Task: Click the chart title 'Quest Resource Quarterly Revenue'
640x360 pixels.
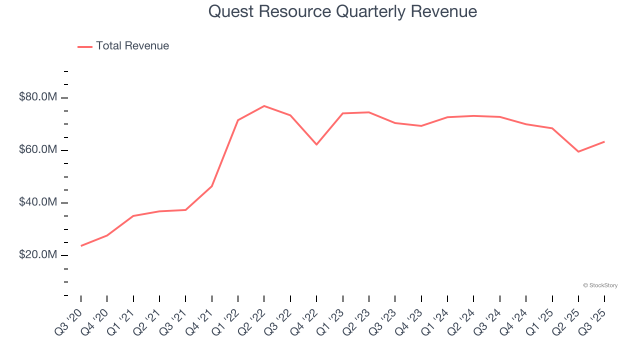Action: point(342,11)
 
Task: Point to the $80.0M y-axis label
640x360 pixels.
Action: point(38,97)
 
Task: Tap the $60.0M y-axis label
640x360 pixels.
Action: point(38,150)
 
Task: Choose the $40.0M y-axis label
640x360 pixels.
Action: point(38,202)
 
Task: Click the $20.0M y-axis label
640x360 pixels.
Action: point(38,255)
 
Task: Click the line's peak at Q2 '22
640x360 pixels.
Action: point(264,106)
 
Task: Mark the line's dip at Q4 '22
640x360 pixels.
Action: point(316,144)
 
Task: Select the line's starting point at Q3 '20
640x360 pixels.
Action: point(81,245)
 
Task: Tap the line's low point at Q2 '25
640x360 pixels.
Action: point(578,151)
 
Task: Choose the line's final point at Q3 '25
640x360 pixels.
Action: point(604,141)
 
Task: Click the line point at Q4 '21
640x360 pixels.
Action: point(212,186)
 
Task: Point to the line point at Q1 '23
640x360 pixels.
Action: point(343,113)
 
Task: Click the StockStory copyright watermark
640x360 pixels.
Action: point(600,285)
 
